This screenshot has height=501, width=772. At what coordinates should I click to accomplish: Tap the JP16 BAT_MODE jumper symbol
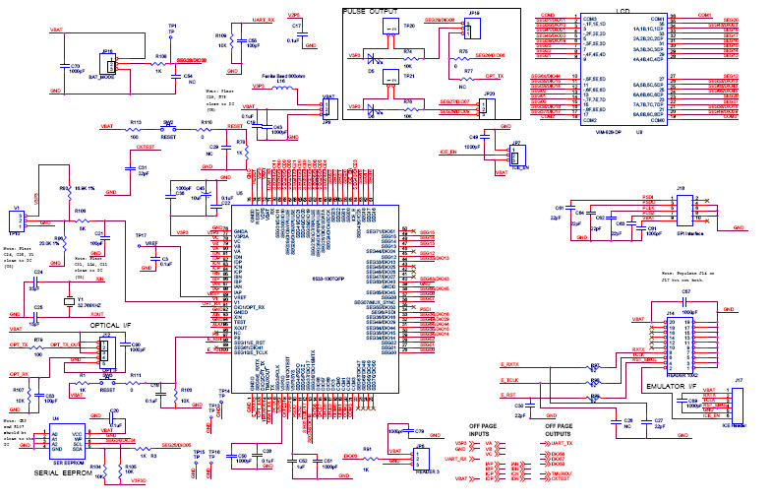coord(110,64)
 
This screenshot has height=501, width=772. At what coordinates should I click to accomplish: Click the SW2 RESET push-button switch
coord(169,129)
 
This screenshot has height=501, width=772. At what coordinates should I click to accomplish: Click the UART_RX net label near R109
coord(264,20)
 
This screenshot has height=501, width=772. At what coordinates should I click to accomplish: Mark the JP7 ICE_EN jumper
coord(515,154)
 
